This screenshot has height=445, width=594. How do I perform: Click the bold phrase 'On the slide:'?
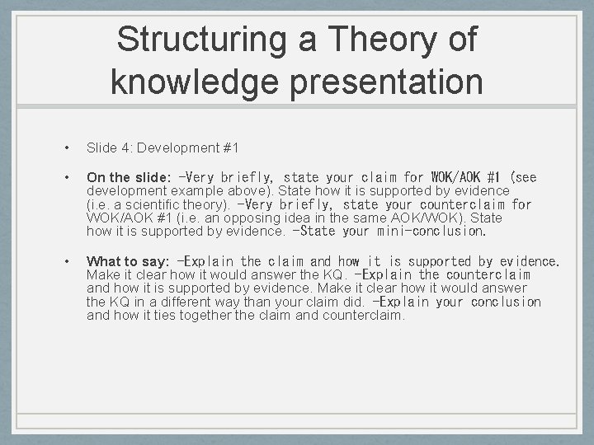[129, 177]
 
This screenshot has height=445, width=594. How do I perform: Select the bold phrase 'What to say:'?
[128, 261]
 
